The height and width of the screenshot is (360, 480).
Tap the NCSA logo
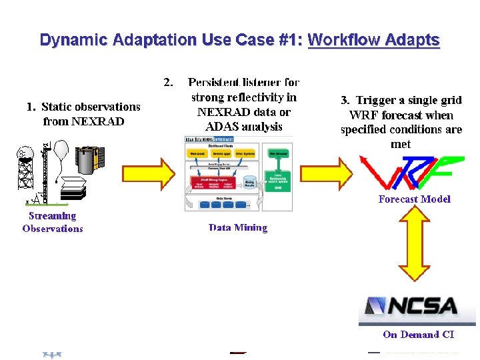point(408,307)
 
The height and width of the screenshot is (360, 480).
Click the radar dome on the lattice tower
point(26,153)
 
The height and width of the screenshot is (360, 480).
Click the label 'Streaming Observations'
point(53,222)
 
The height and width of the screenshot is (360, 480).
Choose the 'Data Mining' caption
point(238,227)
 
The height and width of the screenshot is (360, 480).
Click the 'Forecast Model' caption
point(414,199)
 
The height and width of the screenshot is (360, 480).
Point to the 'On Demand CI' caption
point(419,335)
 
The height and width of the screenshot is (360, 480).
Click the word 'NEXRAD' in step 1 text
point(98,121)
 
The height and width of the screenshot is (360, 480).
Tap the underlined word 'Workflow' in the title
point(340,40)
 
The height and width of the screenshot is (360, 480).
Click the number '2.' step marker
point(169,83)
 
